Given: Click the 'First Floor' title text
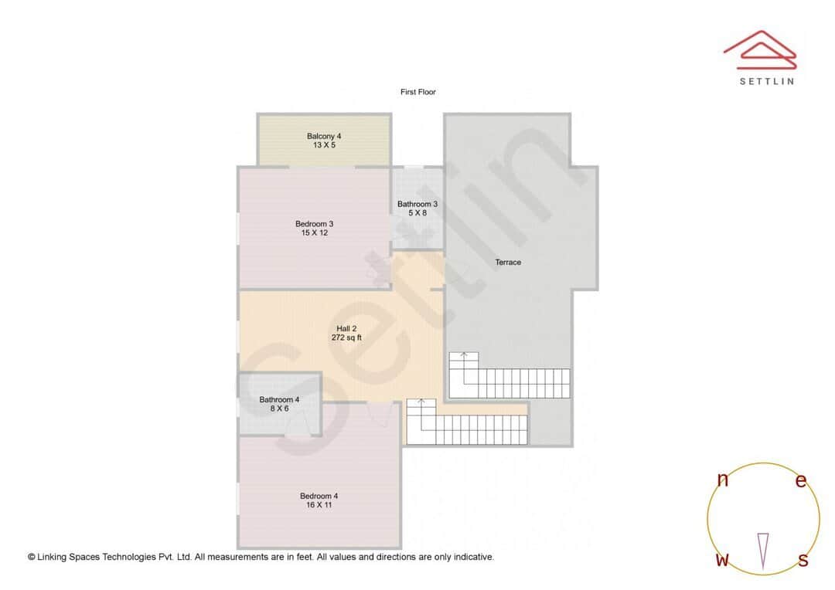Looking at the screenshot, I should [x=418, y=92].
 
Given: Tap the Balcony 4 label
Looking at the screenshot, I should [x=324, y=136].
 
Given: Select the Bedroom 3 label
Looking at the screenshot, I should [x=314, y=224].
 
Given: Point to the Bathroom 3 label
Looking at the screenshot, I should [x=417, y=204].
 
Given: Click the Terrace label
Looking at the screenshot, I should [x=508, y=263].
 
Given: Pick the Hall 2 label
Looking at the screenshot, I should [x=346, y=329].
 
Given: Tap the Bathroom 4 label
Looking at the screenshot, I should [x=279, y=399].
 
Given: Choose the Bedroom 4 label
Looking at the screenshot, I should [x=319, y=496].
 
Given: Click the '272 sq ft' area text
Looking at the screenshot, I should [x=346, y=338].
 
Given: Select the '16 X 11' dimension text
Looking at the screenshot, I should [x=319, y=505].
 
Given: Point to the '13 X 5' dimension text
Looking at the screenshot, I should [x=324, y=145].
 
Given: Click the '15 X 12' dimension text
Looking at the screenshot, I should [x=314, y=232].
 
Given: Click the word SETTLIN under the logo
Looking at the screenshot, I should [x=766, y=81].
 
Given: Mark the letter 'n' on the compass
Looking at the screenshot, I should [x=723, y=480].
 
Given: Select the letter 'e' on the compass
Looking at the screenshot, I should [x=801, y=480].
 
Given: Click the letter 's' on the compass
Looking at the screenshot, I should [x=803, y=560].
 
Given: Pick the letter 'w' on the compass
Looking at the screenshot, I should [x=722, y=560].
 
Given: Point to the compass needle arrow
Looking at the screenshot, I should [x=763, y=550].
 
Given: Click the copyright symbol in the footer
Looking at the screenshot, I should [x=32, y=557].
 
